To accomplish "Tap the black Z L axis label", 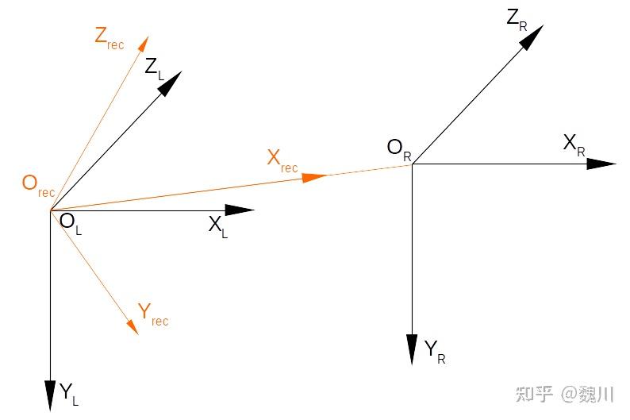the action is pyautogui.click(x=154, y=68).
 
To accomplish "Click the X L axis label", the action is pyautogui.click(x=217, y=226).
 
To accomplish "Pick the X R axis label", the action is pyautogui.click(x=573, y=144).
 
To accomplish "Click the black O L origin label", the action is pyautogui.click(x=71, y=222).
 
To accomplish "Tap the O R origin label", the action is pyautogui.click(x=398, y=148).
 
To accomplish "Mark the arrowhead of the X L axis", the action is pyautogui.click(x=240, y=210).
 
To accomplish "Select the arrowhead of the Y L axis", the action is pyautogui.click(x=50, y=395).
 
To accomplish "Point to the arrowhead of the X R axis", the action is pyautogui.click(x=601, y=164).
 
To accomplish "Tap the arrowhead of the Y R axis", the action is pyautogui.click(x=412, y=349).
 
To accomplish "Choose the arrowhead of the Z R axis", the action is pyautogui.click(x=532, y=37).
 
